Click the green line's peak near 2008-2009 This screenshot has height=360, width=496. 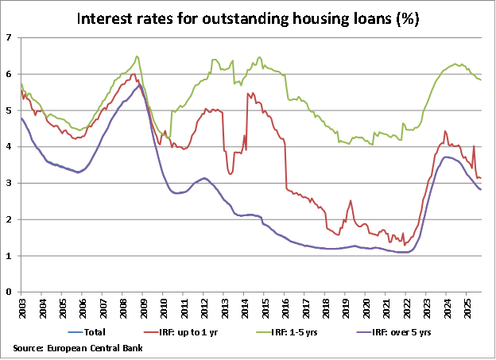(x=137, y=56)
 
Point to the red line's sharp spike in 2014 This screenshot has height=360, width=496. (x=249, y=94)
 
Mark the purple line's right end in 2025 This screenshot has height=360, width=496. (x=480, y=189)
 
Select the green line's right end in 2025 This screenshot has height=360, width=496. (x=480, y=79)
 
